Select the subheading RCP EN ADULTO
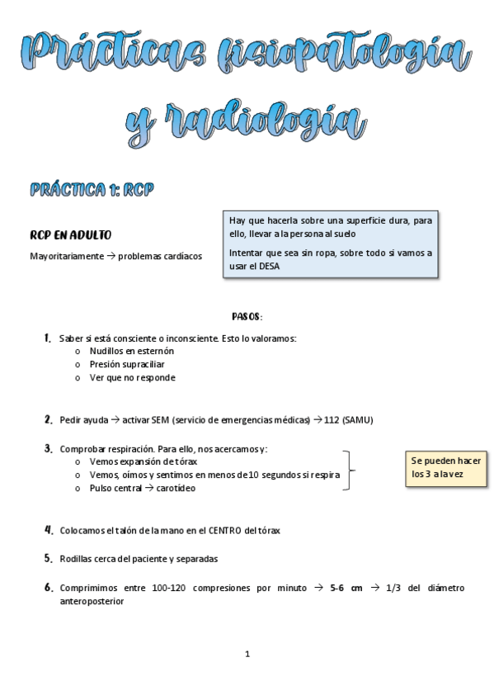coord(71,235)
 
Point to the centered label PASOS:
coord(247,316)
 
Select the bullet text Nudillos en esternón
coord(132,351)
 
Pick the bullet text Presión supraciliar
coord(127,364)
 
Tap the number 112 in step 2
coord(332,419)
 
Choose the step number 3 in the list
coord(49,448)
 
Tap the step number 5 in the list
coord(49,558)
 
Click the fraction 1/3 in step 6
coord(393,588)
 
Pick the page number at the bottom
coord(247,654)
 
